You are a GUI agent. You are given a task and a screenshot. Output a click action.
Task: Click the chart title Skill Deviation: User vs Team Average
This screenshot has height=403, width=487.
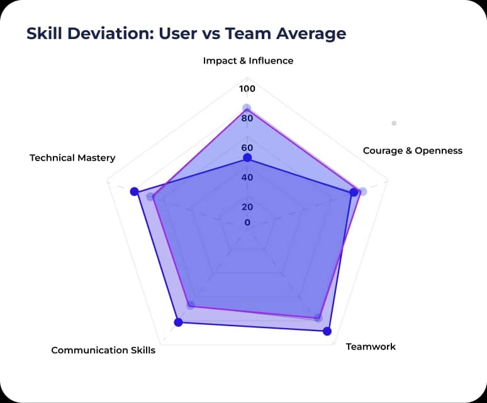click(x=186, y=33)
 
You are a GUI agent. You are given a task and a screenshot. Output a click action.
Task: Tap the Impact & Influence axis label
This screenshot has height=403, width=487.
click(x=248, y=61)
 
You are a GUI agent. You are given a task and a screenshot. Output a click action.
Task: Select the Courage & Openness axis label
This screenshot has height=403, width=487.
click(x=412, y=150)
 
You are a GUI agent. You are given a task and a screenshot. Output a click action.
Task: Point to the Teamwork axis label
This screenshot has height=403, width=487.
click(x=371, y=346)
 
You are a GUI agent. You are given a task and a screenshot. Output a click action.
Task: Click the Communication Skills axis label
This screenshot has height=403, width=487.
click(x=103, y=350)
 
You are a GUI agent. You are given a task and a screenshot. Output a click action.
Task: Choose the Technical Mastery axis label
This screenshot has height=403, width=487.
click(x=72, y=158)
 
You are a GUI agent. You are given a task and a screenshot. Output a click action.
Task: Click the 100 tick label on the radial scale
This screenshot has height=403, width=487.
click(x=247, y=89)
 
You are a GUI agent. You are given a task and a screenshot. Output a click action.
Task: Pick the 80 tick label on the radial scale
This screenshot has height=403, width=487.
click(x=247, y=118)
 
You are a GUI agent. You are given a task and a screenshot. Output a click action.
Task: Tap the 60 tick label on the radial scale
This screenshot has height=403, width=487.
click(x=247, y=148)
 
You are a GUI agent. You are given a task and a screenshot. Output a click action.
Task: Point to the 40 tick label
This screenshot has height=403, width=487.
click(x=247, y=178)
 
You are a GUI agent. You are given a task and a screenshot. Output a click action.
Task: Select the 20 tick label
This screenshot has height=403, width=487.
click(x=247, y=207)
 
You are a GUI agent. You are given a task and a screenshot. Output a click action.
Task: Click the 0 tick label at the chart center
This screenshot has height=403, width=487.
click(x=247, y=222)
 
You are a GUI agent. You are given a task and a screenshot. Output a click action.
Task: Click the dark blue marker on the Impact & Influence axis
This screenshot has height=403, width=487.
click(x=247, y=157)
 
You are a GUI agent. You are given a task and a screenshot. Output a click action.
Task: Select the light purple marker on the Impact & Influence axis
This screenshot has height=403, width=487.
click(x=247, y=108)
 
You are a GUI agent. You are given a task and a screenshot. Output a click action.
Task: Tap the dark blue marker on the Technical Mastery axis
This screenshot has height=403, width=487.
click(x=133, y=191)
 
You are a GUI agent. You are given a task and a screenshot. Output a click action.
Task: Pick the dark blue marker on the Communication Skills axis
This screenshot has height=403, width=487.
click(x=178, y=322)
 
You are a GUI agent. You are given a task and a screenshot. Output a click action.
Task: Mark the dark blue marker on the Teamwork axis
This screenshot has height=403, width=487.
click(x=327, y=331)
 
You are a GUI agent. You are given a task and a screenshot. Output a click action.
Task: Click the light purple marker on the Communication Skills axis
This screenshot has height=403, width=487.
click(x=191, y=305)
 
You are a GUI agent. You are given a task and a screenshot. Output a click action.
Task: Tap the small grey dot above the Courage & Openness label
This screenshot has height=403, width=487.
click(x=394, y=123)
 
